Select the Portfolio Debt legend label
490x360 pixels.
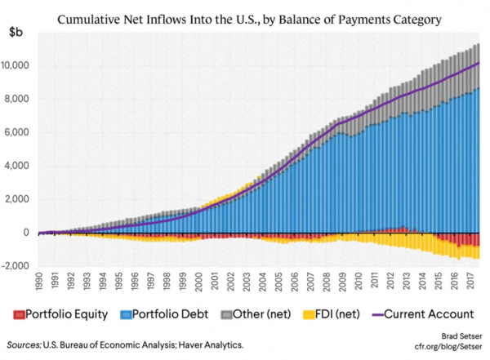163,313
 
